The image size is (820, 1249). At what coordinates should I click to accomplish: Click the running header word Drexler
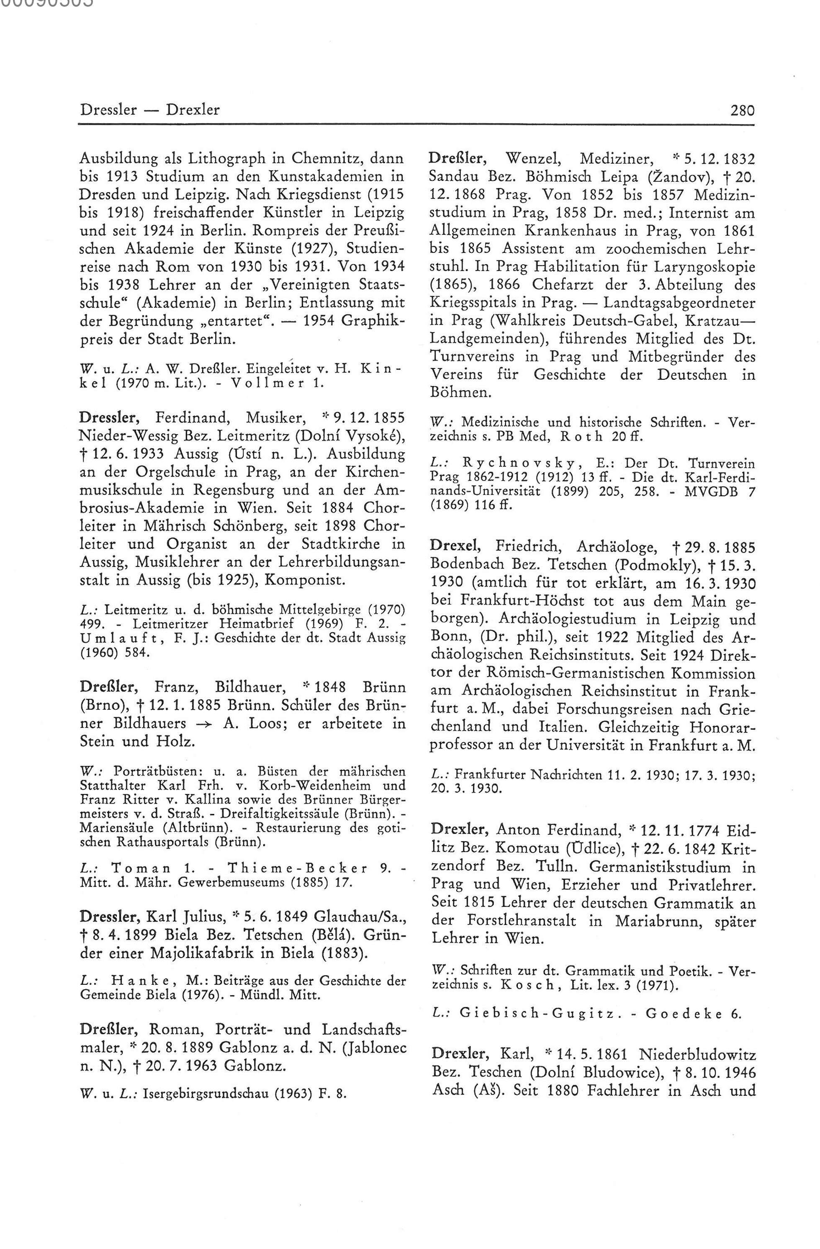pyautogui.click(x=193, y=110)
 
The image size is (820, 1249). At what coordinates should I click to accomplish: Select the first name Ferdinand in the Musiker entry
pyautogui.click(x=193, y=418)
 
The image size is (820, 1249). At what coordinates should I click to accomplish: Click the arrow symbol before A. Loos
pyautogui.click(x=204, y=724)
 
